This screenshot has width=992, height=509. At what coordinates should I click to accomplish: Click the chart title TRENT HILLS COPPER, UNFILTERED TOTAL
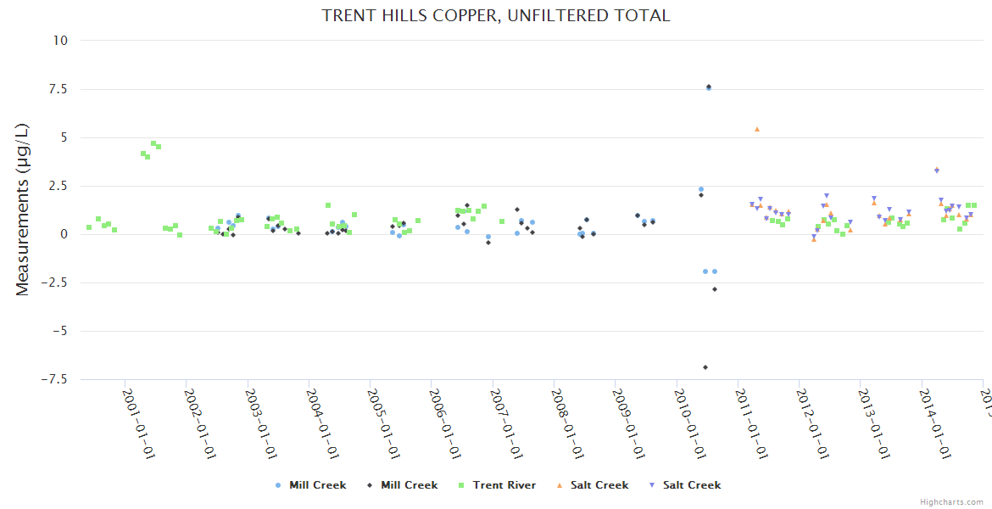click(496, 16)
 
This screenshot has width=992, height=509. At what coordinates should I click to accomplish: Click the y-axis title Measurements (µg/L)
click(23, 210)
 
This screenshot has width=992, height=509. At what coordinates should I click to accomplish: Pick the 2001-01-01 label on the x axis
click(138, 424)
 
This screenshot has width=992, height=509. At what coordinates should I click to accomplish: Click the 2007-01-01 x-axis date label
click(505, 424)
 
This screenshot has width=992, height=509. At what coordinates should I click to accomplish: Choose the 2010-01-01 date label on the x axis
click(688, 424)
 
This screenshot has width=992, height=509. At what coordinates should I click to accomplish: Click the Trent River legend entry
click(504, 485)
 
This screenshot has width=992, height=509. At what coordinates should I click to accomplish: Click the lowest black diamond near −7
click(705, 367)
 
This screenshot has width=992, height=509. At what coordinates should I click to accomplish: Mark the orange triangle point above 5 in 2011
click(757, 129)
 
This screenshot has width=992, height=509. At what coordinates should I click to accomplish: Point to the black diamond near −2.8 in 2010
click(715, 289)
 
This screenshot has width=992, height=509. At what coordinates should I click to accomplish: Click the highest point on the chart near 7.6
click(709, 87)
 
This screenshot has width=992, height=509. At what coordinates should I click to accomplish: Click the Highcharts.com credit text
click(951, 502)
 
